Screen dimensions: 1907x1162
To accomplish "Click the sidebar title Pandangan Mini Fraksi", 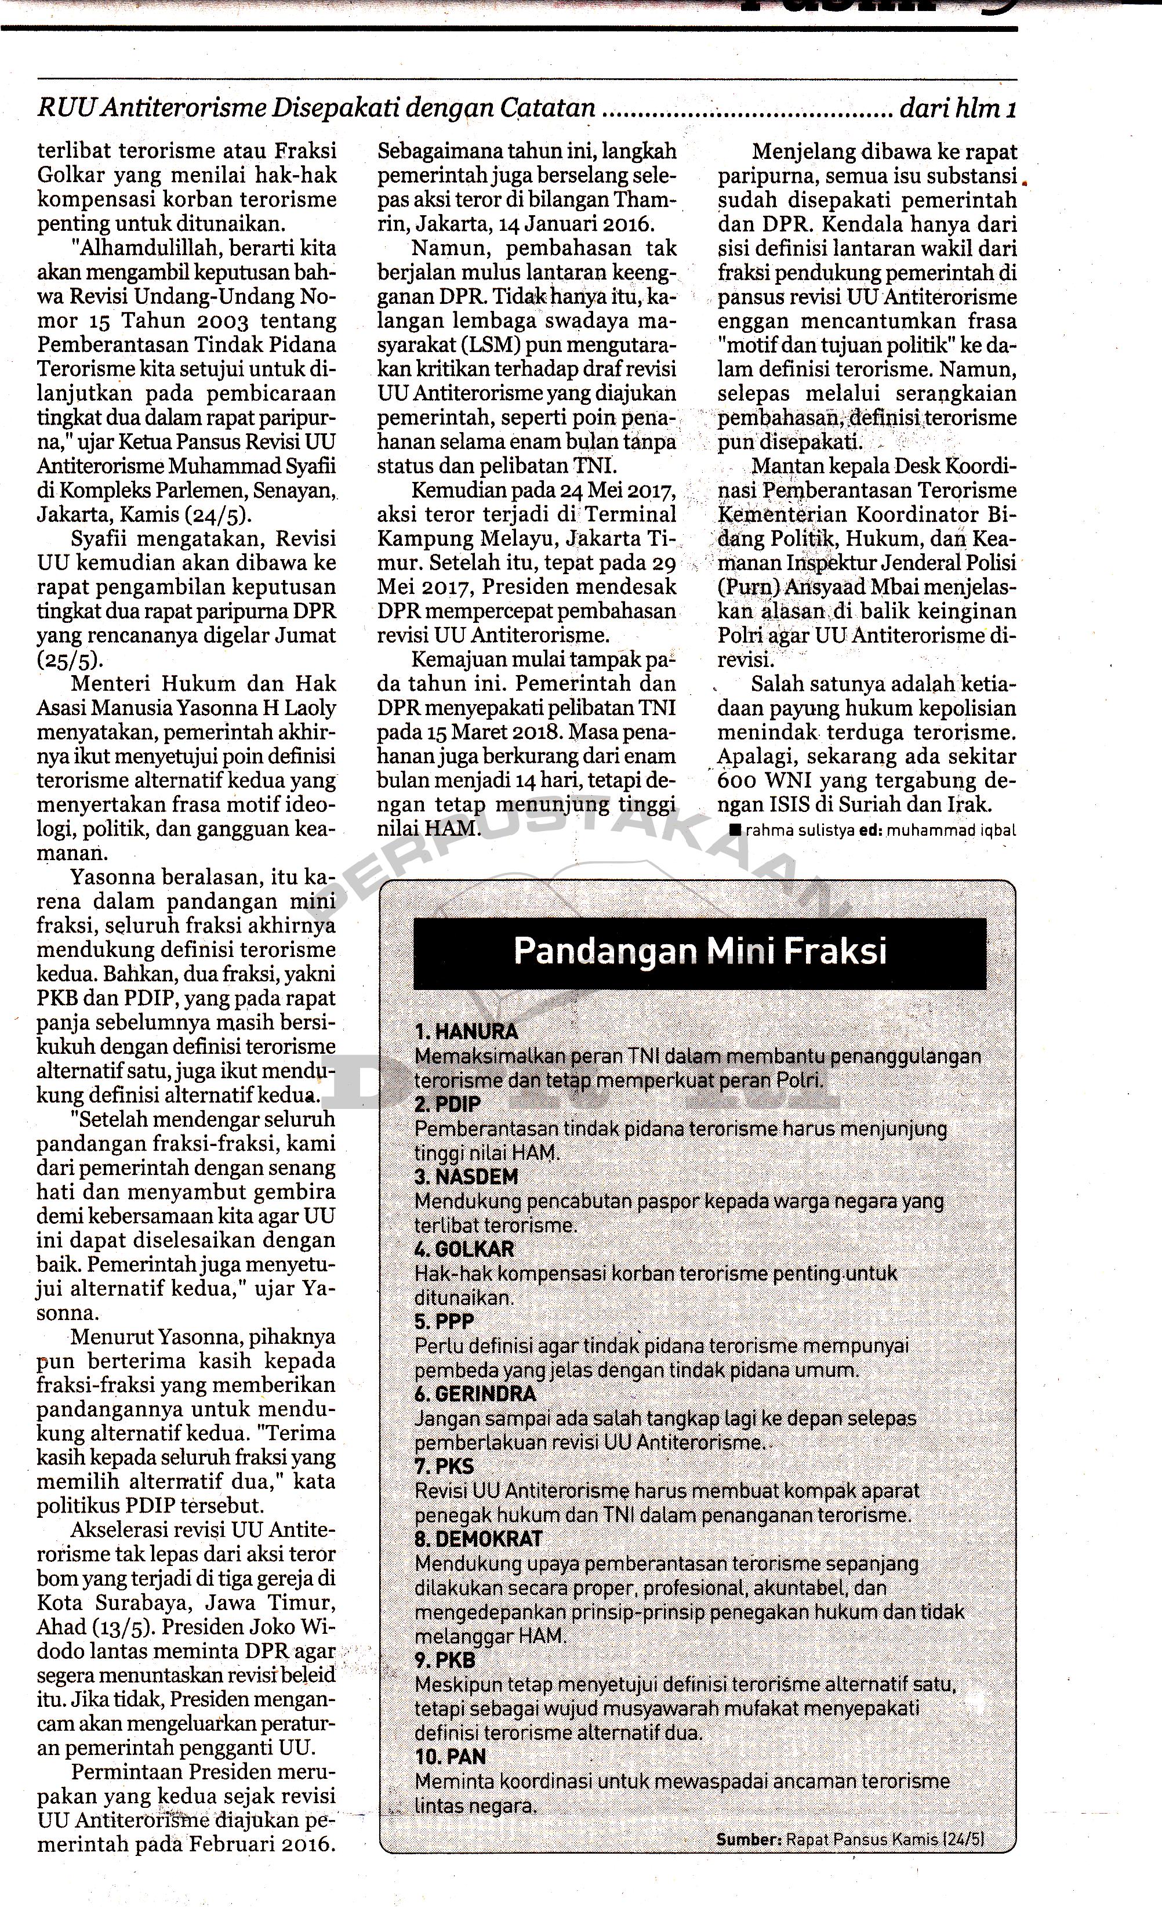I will tap(699, 951).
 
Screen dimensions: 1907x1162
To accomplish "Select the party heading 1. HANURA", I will tap(467, 1032).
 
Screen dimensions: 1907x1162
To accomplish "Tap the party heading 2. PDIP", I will tap(448, 1104).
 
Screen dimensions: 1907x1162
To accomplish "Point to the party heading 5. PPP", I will tap(444, 1321).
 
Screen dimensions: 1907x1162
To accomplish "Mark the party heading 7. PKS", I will tap(444, 1466).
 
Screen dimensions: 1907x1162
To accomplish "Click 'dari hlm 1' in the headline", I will tap(957, 109).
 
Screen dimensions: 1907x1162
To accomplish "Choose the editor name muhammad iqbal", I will tap(951, 831).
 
